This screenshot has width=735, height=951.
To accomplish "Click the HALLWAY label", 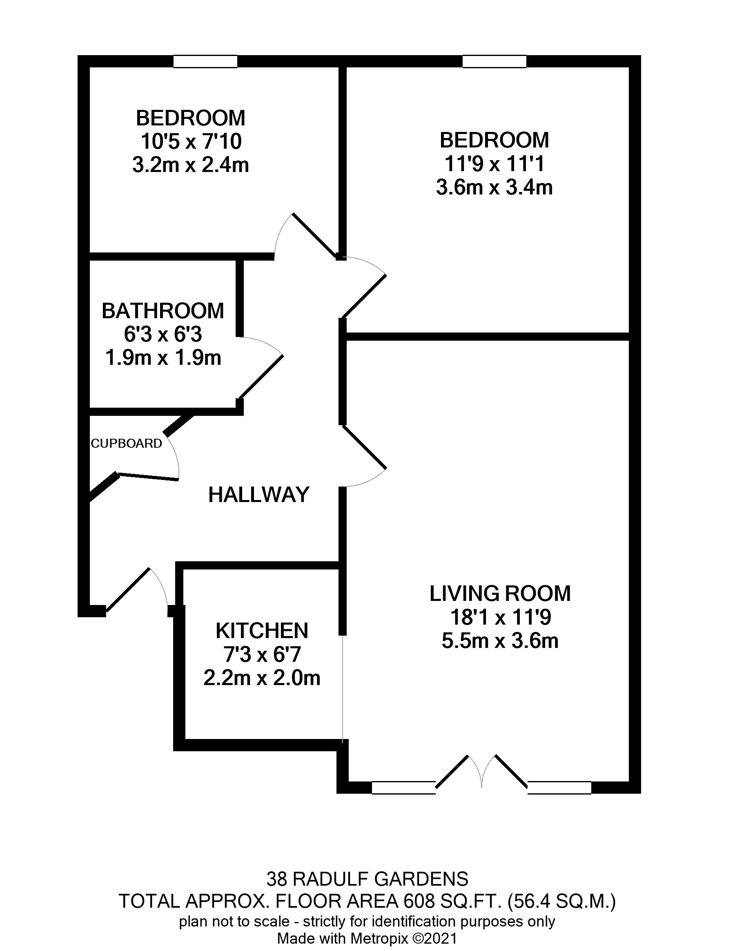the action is point(258,495).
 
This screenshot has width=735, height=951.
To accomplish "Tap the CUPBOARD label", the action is point(126,443).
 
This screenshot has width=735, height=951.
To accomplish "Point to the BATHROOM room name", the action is point(163,311).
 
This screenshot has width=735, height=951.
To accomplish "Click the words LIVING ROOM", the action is point(500,594).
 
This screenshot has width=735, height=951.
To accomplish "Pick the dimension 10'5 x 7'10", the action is point(191,141).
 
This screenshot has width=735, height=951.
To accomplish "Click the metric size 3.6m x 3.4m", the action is point(494,188).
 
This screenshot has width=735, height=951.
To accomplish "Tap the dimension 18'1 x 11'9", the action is point(500,617).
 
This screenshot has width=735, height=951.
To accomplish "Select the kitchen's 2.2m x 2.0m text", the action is point(262,678).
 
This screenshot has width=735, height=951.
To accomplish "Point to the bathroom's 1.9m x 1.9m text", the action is point(163,358).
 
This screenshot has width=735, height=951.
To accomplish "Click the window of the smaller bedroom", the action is point(205,61).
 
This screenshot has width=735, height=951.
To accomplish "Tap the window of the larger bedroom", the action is point(494,61).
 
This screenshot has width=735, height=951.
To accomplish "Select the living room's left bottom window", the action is point(403,788).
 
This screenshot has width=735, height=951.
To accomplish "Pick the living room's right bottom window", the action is point(560,788).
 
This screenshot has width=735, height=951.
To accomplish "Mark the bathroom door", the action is point(260,377).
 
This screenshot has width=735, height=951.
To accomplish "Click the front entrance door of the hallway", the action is point(128,589).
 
